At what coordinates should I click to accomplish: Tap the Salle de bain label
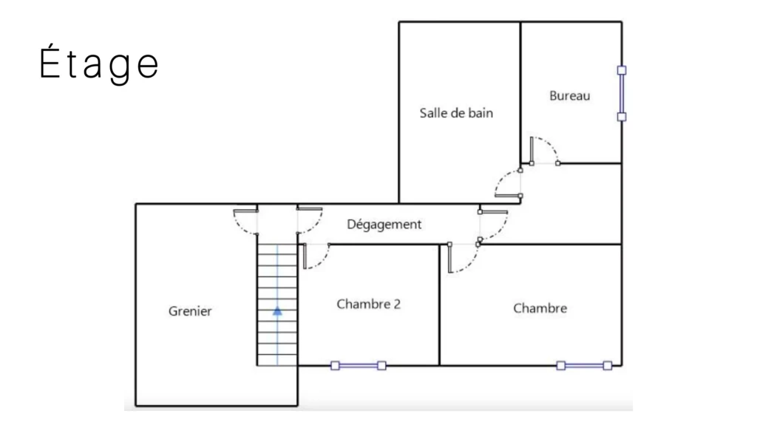[456, 113]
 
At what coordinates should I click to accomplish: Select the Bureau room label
[570, 95]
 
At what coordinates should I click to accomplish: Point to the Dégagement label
[384, 225]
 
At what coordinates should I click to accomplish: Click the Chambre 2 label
[368, 305]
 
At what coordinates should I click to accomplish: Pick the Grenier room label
[190, 311]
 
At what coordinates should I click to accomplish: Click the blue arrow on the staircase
[277, 311]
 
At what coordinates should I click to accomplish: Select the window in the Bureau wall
[622, 94]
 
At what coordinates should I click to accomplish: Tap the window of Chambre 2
[359, 366]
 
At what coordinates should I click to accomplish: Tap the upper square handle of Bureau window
[622, 70]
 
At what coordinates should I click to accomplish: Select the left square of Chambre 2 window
[335, 366]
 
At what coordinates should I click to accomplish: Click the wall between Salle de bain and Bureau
[520, 92]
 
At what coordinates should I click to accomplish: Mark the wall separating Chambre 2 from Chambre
[439, 305]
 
